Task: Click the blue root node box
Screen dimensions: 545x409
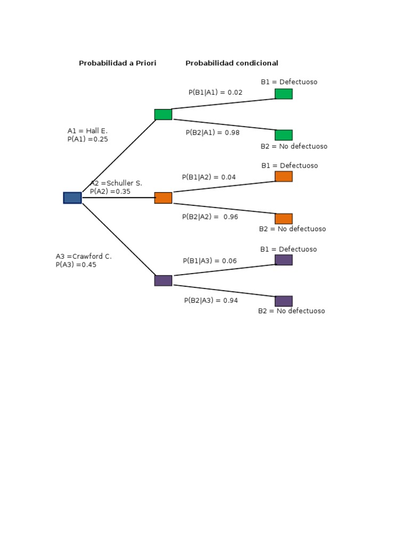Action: point(72,198)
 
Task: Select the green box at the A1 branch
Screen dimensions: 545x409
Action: point(163,114)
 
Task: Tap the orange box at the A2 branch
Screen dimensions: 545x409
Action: point(163,198)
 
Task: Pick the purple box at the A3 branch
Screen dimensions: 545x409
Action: point(163,280)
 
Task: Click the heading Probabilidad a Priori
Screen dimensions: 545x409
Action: point(118,63)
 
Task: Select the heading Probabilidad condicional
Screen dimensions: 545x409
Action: point(232,63)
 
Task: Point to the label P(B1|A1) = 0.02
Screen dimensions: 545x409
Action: point(215,93)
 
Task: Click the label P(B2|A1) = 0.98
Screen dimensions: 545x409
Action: point(212,133)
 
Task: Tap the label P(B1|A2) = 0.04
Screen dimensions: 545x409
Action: point(209,177)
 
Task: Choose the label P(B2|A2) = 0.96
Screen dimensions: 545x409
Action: point(210,217)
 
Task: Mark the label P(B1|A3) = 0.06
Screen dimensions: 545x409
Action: point(210,261)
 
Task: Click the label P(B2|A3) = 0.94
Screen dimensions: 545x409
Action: point(211,301)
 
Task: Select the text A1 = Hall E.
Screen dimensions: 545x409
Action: point(87,131)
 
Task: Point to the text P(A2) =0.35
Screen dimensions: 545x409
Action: point(110,192)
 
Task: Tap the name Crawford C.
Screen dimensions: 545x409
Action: point(92,257)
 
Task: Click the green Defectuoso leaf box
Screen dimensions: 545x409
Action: point(283,94)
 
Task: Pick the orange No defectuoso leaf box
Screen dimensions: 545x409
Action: point(283,219)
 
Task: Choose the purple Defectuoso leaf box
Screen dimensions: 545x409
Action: point(283,260)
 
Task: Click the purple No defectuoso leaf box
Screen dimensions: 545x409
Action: point(283,301)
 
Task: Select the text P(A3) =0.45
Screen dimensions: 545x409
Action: point(76,265)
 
